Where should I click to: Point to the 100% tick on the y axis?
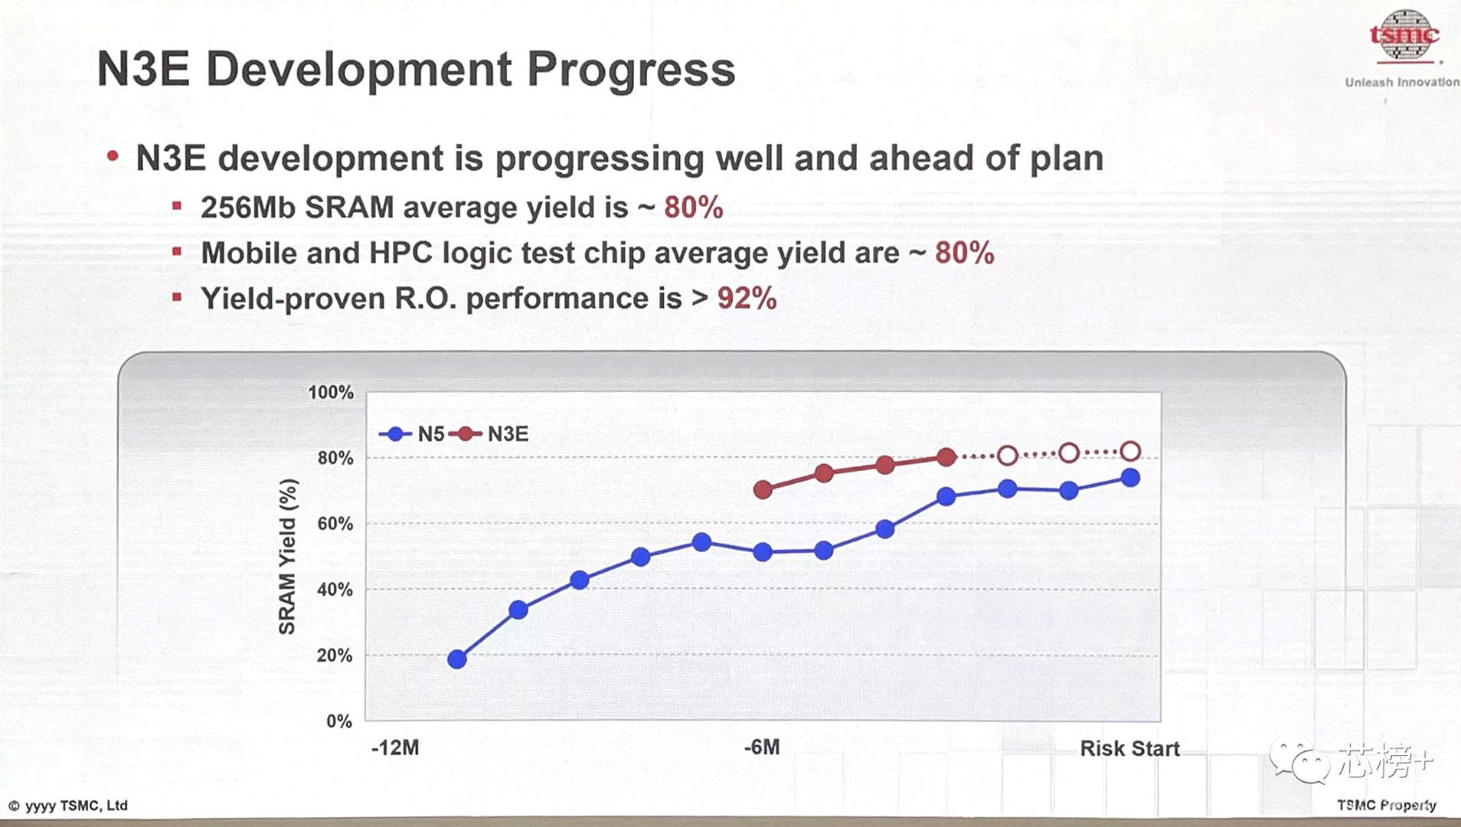331,393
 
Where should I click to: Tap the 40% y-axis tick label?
335,590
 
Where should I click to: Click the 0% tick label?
338,721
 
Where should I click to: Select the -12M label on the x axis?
395,748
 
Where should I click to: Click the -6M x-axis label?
762,747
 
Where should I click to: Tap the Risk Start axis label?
1129,749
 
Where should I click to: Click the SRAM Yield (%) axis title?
287,557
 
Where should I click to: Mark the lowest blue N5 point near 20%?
457,659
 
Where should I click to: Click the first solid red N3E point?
763,490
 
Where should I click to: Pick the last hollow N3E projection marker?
1130,451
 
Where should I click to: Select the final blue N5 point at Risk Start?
1130,478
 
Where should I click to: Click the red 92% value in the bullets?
747,299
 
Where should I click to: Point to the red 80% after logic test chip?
964,253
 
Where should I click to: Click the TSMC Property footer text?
1386,805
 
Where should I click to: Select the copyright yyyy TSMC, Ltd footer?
68,806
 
